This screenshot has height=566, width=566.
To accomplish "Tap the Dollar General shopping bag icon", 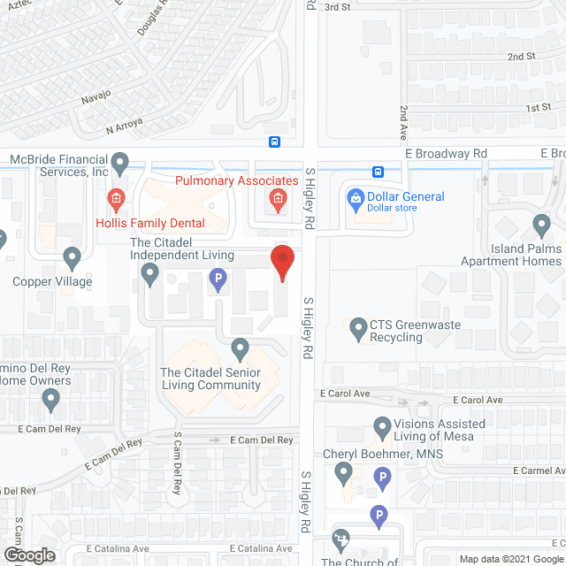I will [356, 197].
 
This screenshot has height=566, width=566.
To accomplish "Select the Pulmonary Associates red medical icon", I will [277, 198].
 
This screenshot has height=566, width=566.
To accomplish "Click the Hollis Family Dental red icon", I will [114, 197].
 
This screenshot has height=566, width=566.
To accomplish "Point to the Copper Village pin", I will [73, 257].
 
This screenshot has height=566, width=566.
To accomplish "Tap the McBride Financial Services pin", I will [121, 162].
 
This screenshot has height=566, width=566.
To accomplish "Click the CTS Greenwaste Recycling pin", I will [358, 330].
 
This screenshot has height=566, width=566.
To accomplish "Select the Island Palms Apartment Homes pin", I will [541, 224].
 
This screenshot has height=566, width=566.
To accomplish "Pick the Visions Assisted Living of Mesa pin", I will [382, 428].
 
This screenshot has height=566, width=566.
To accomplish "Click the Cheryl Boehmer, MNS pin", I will [345, 475].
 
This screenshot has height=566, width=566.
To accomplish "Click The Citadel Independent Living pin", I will [150, 279].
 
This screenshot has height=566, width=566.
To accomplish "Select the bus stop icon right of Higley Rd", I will [378, 172].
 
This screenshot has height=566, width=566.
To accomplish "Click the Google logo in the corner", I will [28, 555].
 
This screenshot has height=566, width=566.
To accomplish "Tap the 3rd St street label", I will [337, 7].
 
